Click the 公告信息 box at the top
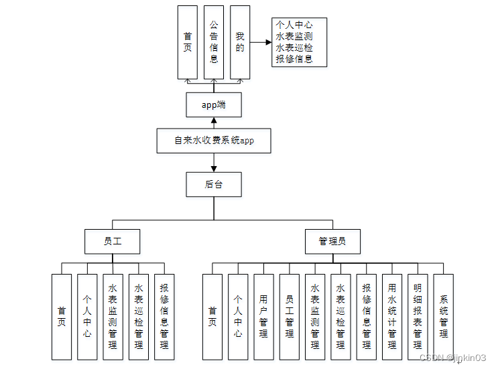pyautogui.click(x=214, y=42)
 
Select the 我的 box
pyautogui.click(x=240, y=42)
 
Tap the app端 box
pyautogui.click(x=214, y=105)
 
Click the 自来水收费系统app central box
pyautogui.click(x=214, y=141)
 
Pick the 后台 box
pyautogui.click(x=214, y=184)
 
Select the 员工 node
pyautogui.click(x=113, y=241)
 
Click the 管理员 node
pyautogui.click(x=333, y=241)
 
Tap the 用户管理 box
pyautogui.click(x=263, y=317)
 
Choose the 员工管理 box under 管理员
pyautogui.click(x=289, y=317)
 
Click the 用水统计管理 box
pyautogui.click(x=392, y=317)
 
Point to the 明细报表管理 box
pyautogui.click(x=418, y=317)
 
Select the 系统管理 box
pyautogui.click(x=443, y=317)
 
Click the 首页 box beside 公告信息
pyautogui.click(x=188, y=42)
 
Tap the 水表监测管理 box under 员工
pyautogui.click(x=113, y=317)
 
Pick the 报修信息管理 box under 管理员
pyautogui.click(x=367, y=317)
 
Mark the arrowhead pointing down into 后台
pyautogui.click(x=214, y=167)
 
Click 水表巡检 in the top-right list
pyautogui.click(x=294, y=48)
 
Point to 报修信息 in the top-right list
pyautogui.click(x=294, y=59)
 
